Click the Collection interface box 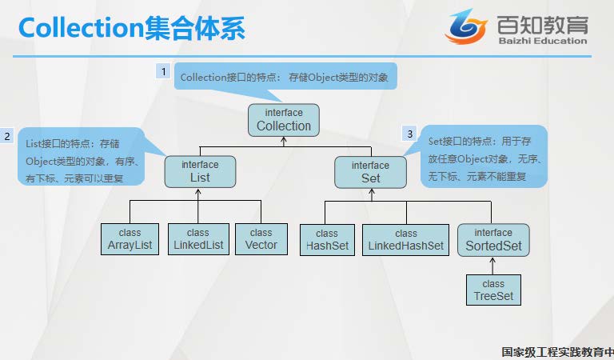[283, 120]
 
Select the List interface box [199, 171]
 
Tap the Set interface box [370, 171]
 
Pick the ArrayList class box [130, 239]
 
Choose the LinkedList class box [197, 239]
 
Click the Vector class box [261, 239]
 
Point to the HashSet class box [327, 239]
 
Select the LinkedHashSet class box [405, 239]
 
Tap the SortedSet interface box [493, 239]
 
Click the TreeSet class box [493, 290]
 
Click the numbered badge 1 [164, 72]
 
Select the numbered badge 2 [7, 136]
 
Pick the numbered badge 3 [409, 134]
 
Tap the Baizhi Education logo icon [465, 27]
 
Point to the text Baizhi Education [541, 41]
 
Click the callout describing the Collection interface [285, 78]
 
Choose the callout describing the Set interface [484, 157]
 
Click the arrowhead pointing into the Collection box [284, 142]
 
